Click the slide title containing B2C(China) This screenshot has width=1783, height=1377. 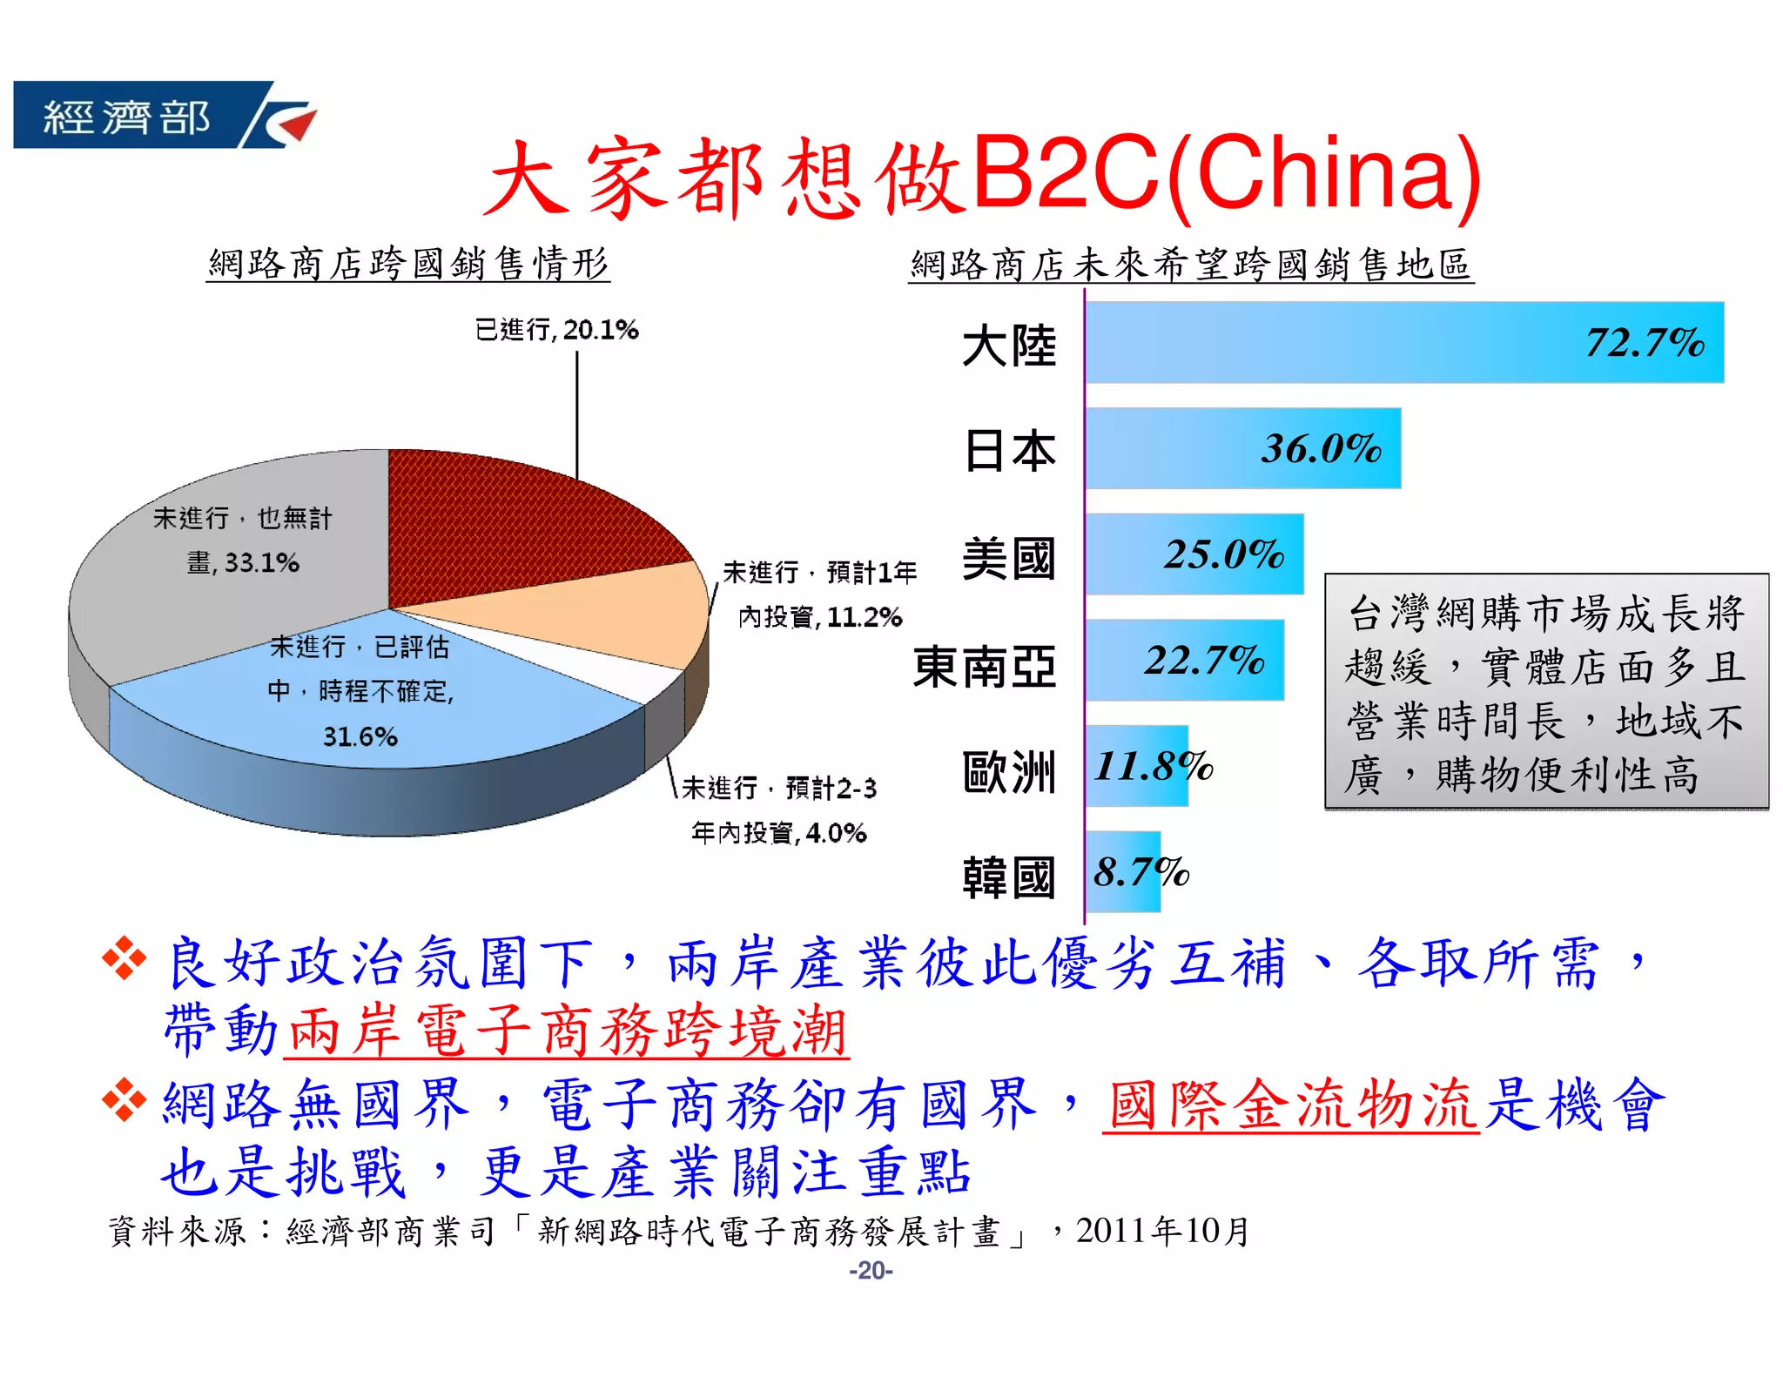981,176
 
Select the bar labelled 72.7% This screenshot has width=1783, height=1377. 1403,342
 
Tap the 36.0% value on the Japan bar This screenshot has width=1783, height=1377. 1321,449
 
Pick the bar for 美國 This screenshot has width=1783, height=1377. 1194,554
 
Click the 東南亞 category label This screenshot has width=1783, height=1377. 984,667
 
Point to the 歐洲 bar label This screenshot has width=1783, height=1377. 1008,772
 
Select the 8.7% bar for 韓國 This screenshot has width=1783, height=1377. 1123,871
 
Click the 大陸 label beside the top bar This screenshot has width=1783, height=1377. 1008,346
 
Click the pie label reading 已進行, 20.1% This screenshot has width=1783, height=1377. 556,330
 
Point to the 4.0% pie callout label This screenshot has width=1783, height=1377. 778,810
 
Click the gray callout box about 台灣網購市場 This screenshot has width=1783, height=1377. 1545,692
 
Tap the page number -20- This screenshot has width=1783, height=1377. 871,1271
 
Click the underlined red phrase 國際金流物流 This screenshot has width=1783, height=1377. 1290,1105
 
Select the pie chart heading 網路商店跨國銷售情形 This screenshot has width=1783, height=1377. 408,264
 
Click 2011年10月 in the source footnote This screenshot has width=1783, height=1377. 1162,1231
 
